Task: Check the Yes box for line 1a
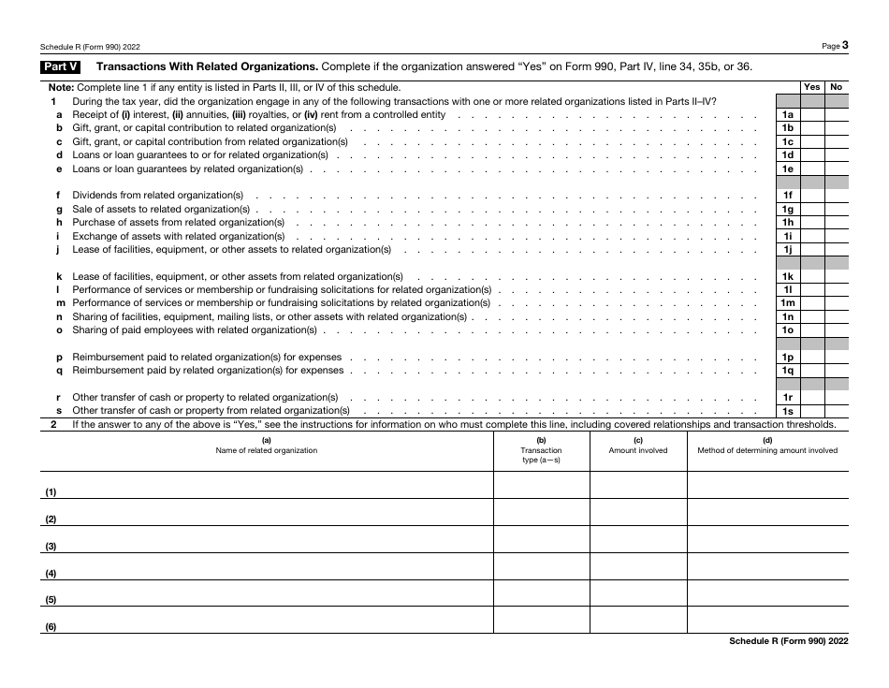[812, 115]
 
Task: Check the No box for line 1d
[837, 155]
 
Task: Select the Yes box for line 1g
[812, 210]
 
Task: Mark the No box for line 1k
[837, 277]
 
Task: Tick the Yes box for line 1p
[812, 358]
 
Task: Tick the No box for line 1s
[837, 411]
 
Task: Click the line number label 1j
[788, 250]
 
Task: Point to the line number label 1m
[788, 303]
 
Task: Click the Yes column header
[812, 87]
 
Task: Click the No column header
[837, 87]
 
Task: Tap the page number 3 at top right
[845, 44]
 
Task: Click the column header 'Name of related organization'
[267, 450]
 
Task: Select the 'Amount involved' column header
[638, 450]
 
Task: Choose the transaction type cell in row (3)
[541, 539]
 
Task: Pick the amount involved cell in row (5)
[638, 593]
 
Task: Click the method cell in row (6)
[767, 621]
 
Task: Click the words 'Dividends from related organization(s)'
[158, 196]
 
